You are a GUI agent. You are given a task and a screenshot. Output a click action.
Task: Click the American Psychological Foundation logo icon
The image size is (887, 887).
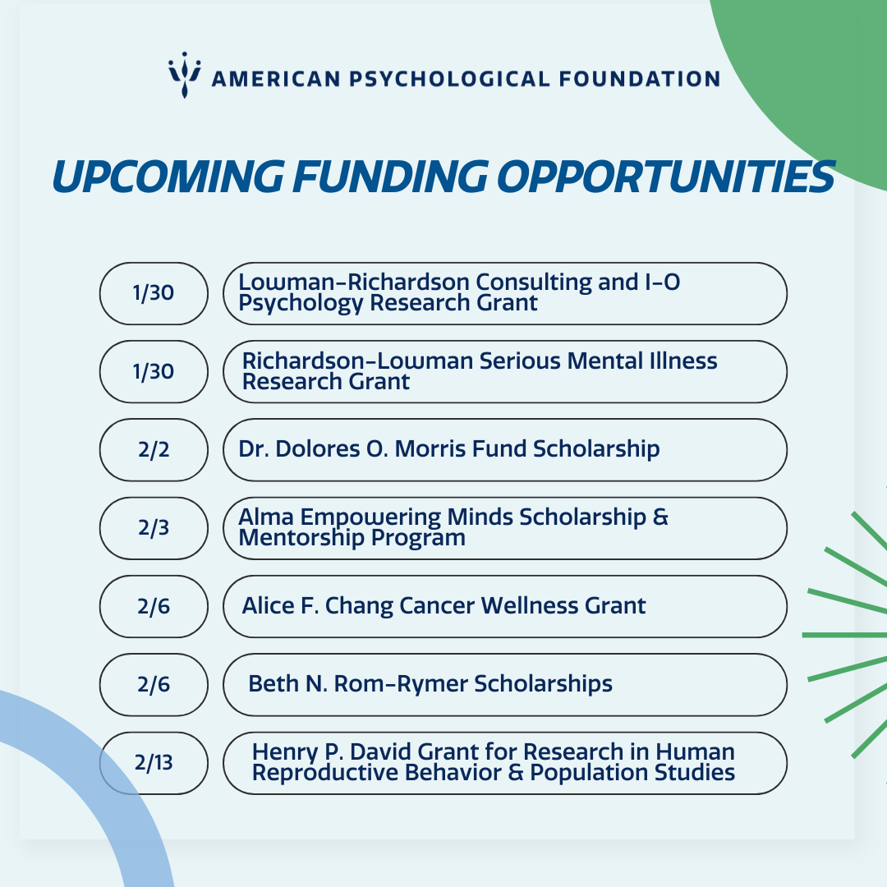click(x=185, y=75)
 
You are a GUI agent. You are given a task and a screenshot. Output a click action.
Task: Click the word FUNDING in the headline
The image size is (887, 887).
click(x=390, y=177)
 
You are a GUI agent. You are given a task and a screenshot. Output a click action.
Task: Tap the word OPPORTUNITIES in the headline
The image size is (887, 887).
click(x=666, y=177)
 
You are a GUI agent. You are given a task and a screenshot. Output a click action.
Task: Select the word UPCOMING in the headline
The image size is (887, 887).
click(x=168, y=177)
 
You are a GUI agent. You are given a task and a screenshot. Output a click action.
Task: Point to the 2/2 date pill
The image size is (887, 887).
click(x=154, y=450)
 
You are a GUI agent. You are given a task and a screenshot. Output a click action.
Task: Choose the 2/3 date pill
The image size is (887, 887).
click(x=154, y=528)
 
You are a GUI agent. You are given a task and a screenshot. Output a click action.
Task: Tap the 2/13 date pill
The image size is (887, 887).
click(x=154, y=763)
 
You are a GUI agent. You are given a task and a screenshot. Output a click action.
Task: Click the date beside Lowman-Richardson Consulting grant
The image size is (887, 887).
click(x=154, y=293)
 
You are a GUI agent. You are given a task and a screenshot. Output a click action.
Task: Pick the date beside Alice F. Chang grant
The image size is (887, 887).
click(x=154, y=606)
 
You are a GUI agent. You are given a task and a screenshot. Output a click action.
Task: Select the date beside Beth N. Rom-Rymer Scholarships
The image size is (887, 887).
click(x=154, y=684)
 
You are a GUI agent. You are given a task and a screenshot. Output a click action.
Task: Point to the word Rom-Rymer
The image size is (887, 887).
click(x=401, y=684)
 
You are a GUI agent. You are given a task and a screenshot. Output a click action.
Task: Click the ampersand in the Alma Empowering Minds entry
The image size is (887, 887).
click(x=660, y=517)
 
